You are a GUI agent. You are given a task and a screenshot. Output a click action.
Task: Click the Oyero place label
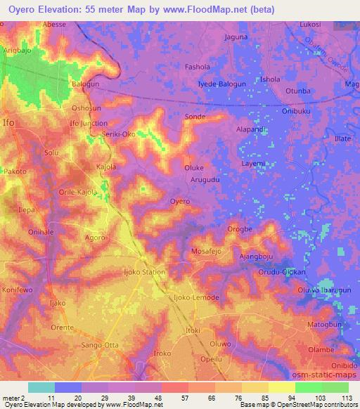[180, 202]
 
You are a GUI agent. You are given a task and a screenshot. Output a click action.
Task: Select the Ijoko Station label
[144, 272]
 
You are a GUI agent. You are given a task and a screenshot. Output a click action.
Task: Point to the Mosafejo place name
[208, 251]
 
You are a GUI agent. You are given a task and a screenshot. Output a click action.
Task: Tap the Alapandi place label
[251, 129]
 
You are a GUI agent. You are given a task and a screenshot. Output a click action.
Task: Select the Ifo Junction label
[88, 124]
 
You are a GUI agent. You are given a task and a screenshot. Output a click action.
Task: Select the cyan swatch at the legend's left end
[41, 387]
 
